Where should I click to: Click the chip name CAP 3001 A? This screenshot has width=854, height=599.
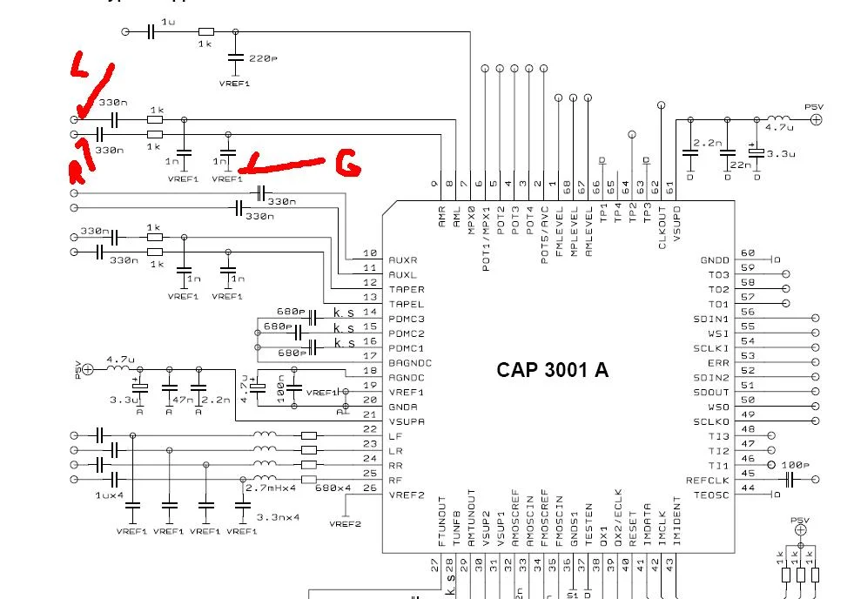[x=552, y=370]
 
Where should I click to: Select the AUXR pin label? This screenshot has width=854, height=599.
[x=403, y=260]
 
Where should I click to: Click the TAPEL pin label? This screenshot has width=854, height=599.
[x=407, y=304]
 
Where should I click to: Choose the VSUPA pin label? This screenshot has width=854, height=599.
[x=407, y=421]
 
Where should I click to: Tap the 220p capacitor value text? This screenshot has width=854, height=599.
[x=263, y=58]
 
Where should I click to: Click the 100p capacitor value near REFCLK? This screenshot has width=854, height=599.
[x=793, y=466]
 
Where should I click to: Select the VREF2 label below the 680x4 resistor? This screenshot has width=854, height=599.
[x=345, y=524]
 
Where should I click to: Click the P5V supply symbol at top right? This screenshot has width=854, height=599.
[x=816, y=119]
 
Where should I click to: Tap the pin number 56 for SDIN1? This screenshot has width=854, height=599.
[x=747, y=311]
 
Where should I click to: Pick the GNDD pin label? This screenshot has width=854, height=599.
[x=714, y=260]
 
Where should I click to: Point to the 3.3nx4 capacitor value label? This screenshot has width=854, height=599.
[x=278, y=517]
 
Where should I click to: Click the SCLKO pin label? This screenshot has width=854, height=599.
[x=711, y=421]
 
